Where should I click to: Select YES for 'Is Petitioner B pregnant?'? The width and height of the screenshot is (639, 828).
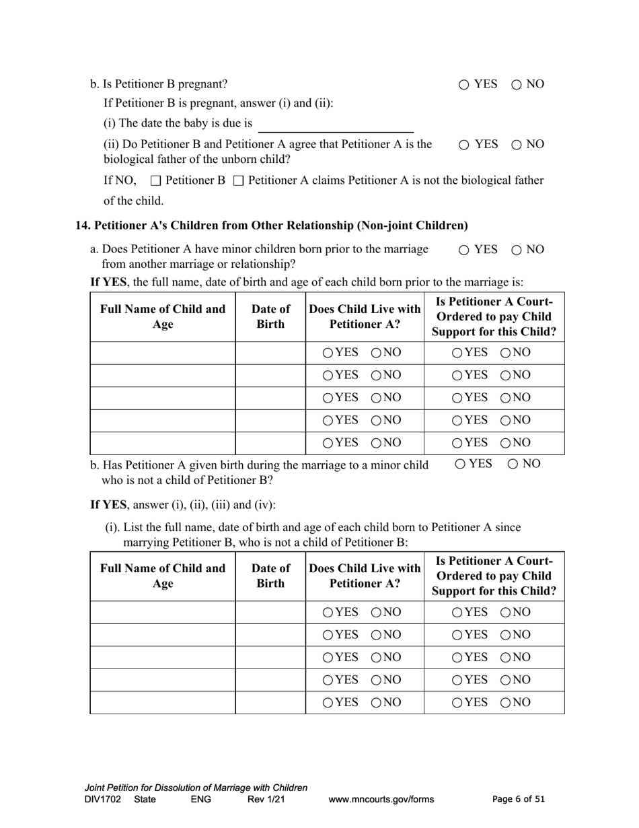pos(465,85)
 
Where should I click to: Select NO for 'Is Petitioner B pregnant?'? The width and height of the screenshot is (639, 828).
pos(517,85)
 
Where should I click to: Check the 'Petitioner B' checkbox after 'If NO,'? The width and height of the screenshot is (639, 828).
pos(156,181)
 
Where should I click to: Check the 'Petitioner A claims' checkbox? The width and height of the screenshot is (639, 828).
pos(237,181)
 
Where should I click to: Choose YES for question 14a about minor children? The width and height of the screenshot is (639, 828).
pos(465,250)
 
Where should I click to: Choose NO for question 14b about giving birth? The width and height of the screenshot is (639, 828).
pos(513,464)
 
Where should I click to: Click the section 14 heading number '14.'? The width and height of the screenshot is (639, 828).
pos(82,226)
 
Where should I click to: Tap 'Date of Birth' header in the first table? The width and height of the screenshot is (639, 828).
pos(270,316)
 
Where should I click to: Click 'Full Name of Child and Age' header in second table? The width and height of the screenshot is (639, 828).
pos(163,576)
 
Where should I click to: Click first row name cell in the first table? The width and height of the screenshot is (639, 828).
pos(163,353)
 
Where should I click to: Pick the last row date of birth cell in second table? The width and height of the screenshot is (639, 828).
pos(270,702)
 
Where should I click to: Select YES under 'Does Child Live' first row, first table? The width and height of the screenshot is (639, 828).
pos(328,353)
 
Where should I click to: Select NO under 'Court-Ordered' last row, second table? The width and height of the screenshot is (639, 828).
pos(506,703)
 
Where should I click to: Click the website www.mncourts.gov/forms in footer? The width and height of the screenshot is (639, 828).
pos(381,800)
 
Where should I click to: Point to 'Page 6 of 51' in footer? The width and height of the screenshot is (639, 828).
pos(519,800)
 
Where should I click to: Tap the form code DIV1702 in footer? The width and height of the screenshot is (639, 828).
pos(103,800)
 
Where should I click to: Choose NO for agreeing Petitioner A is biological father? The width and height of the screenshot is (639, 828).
pos(517,145)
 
